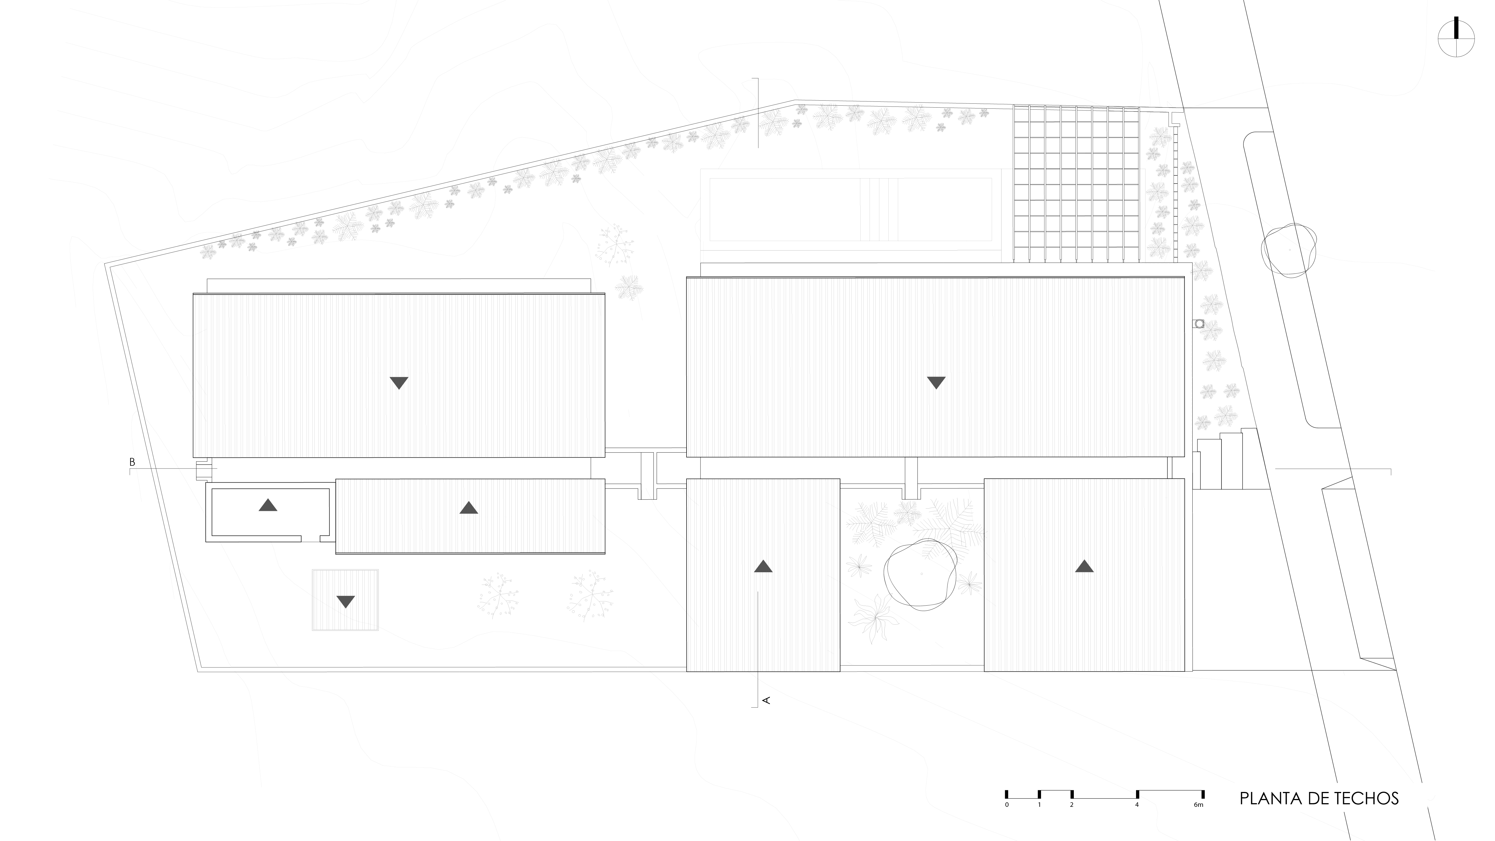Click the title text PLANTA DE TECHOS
click(x=1318, y=799)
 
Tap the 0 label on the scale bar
click(x=1006, y=805)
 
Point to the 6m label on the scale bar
click(x=1199, y=805)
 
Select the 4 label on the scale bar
click(x=1137, y=805)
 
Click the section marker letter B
click(x=132, y=462)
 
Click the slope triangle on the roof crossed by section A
click(x=763, y=566)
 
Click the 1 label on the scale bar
click(x=1039, y=805)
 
